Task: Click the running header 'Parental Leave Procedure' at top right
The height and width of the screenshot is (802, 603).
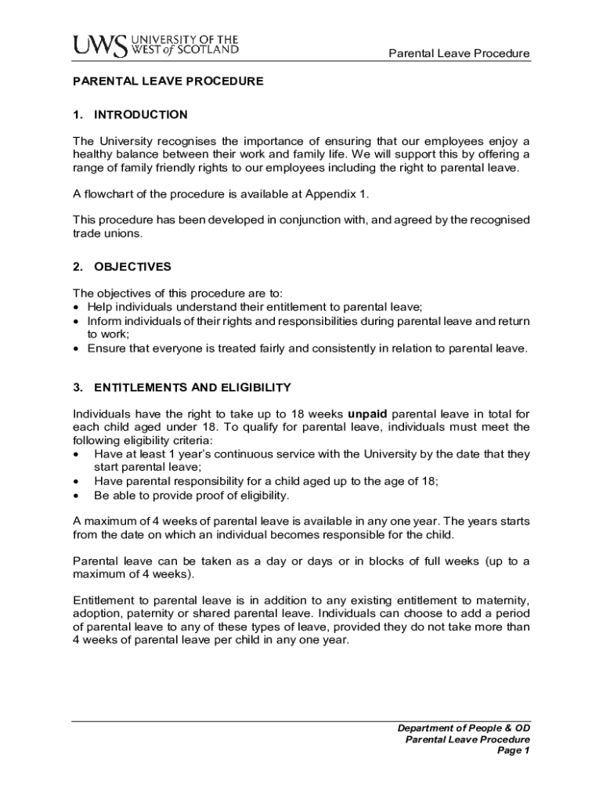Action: coord(460,54)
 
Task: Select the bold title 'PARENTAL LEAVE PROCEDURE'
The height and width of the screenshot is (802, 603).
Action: coord(168,81)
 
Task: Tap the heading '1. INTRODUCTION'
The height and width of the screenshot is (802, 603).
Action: coord(130,115)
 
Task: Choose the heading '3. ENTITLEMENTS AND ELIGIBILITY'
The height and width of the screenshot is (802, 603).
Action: coord(182,387)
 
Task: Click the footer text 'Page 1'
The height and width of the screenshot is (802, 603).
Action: coord(514,751)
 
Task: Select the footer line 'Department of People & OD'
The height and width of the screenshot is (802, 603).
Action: coord(464,728)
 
